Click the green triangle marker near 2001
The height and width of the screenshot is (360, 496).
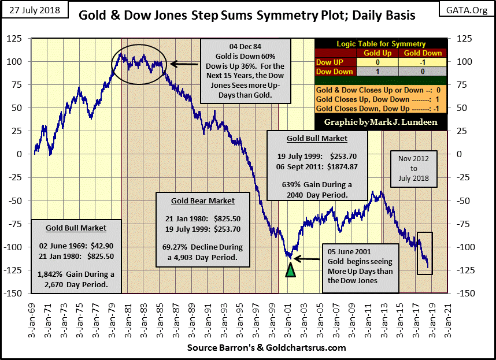pos(290,269)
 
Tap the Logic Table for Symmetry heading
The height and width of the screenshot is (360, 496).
pos(381,44)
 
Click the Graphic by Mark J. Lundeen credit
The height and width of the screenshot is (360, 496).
pos(381,123)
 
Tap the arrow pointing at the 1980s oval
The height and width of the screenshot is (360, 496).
pos(184,65)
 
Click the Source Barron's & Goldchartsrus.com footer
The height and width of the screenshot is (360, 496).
pos(266,347)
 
